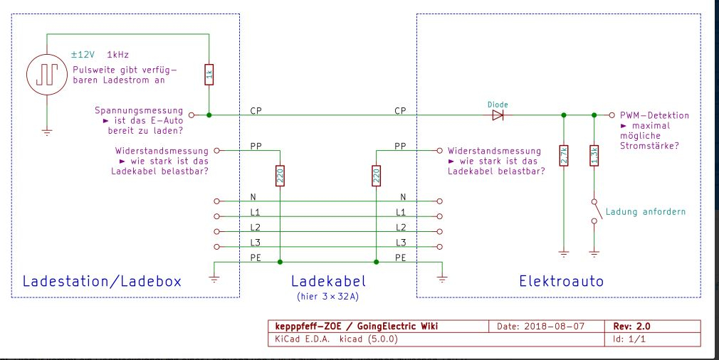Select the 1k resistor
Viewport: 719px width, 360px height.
coord(209,72)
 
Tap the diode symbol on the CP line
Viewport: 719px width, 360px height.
coord(498,114)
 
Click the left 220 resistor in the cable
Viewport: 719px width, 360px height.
coord(280,175)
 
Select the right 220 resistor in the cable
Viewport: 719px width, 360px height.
coord(376,175)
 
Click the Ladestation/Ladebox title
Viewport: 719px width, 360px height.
coord(102,281)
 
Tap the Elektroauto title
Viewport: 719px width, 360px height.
coord(561,281)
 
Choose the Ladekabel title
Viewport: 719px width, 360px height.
coord(327,281)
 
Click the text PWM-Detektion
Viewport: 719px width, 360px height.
coord(654,115)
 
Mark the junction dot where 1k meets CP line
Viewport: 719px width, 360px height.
coord(209,114)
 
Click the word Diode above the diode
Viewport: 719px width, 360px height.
coord(498,104)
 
